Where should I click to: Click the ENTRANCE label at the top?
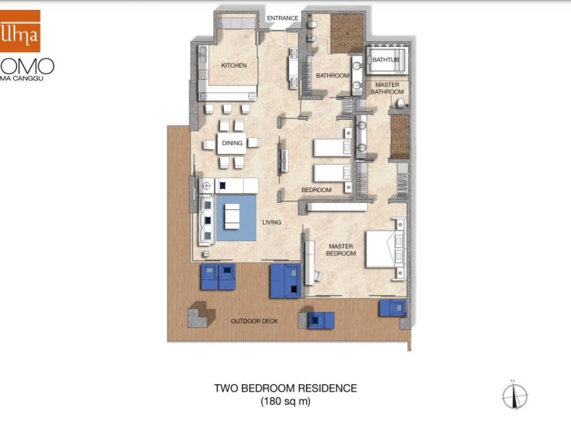[x=282, y=18]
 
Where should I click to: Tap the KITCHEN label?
[x=234, y=66]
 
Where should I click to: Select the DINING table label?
[x=232, y=143]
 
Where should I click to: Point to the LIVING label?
[x=272, y=222]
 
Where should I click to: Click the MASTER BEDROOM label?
[x=342, y=249]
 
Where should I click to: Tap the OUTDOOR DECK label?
[x=254, y=321]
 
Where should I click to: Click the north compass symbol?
[x=514, y=396]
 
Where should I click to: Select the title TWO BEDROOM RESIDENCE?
[x=285, y=388]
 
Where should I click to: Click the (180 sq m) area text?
[x=285, y=401]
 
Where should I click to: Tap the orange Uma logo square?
[x=20, y=31]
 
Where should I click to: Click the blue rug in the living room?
[x=236, y=218]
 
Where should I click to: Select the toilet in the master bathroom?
[x=400, y=103]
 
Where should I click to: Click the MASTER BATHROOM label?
[x=387, y=88]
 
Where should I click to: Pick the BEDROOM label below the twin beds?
[x=316, y=190]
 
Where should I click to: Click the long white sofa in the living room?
[x=206, y=220]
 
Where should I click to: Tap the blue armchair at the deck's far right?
[x=393, y=307]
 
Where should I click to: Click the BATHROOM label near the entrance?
[x=332, y=76]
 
